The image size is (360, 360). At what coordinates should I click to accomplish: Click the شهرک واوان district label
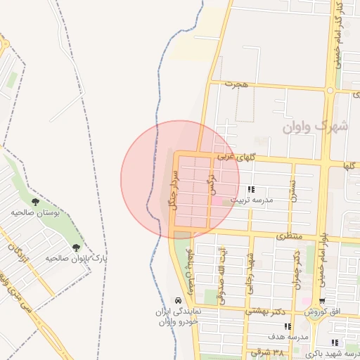coord(316,127)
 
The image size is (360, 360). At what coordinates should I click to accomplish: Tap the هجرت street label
coord(237,84)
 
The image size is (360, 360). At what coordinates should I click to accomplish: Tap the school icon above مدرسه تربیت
coord(251,190)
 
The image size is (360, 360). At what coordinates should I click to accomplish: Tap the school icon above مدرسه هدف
coord(287,327)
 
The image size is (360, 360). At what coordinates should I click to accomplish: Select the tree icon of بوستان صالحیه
coord(35,202)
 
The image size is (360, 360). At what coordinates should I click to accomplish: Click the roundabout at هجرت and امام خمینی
coord(330,90)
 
